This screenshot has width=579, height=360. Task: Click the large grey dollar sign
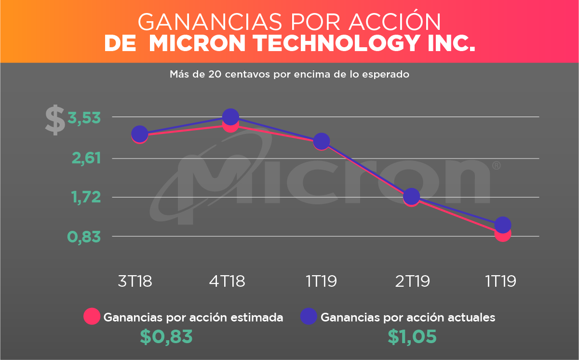(55, 120)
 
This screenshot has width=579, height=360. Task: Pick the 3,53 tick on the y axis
(84, 118)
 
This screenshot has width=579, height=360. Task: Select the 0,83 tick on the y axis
(84, 237)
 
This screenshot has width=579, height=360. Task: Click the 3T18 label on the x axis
(135, 281)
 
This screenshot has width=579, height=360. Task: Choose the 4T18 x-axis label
(227, 281)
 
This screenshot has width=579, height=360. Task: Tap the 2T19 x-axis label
(412, 281)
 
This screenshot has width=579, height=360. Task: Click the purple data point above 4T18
(230, 117)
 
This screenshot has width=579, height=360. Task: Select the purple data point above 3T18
(139, 133)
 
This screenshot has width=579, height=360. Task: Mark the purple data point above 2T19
(411, 196)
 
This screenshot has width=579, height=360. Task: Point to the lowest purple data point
(503, 225)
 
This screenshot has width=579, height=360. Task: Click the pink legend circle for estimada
(92, 317)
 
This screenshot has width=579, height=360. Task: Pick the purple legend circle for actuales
(309, 317)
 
